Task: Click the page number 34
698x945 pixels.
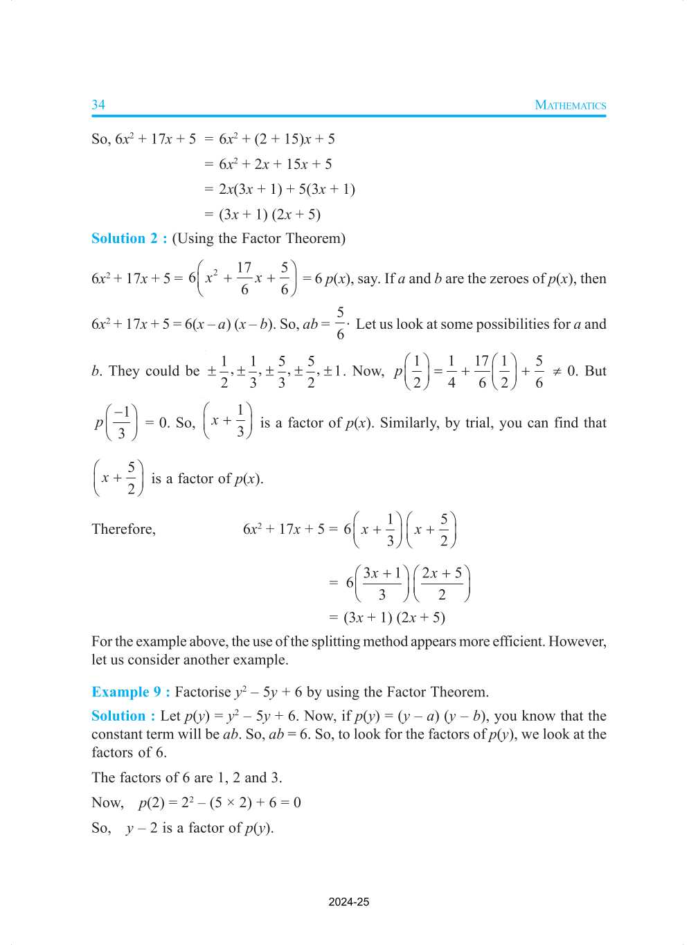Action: click(98, 105)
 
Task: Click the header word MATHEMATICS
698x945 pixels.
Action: click(570, 105)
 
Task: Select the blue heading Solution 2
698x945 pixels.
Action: click(129, 238)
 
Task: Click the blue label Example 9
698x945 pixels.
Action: click(130, 692)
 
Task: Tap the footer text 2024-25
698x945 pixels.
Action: click(348, 901)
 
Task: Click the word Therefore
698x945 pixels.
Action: click(123, 529)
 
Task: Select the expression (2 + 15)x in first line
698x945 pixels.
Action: click(283, 138)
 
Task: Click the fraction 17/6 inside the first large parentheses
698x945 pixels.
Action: click(244, 278)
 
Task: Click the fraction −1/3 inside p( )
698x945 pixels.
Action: click(121, 423)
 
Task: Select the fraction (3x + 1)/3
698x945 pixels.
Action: click(382, 583)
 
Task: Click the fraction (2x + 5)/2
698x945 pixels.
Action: click(442, 583)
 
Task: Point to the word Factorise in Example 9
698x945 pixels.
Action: click(203, 692)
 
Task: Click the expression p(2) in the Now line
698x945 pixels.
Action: click(152, 802)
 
